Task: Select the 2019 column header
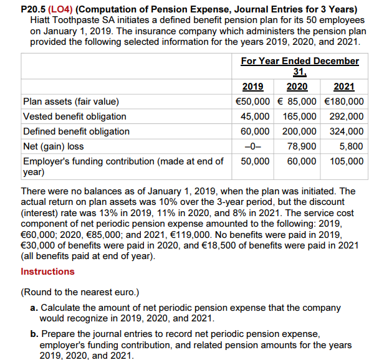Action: (x=252, y=87)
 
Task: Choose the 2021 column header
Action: (x=345, y=87)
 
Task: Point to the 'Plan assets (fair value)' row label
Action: (x=70, y=102)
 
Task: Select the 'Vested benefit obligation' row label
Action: (x=74, y=116)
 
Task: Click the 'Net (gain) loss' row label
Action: (x=53, y=146)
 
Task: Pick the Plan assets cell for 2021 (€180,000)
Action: (x=345, y=102)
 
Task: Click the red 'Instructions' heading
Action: (x=47, y=272)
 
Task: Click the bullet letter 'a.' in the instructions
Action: (x=34, y=308)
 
